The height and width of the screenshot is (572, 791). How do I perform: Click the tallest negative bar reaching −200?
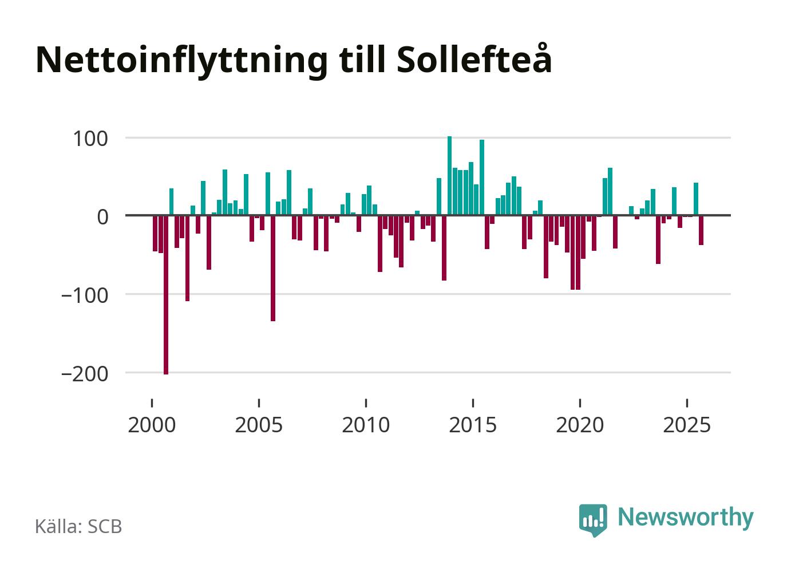point(166,295)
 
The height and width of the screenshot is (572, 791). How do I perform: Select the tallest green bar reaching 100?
point(449,176)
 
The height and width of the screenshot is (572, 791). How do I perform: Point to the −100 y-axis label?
point(85,295)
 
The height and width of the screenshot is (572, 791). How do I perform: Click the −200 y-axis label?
point(85,373)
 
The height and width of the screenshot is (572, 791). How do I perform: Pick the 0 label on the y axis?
point(102,217)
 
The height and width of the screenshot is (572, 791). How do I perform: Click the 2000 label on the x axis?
point(152,425)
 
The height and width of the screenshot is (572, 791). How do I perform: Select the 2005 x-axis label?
point(259,425)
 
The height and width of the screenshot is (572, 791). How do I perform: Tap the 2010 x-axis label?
point(366,425)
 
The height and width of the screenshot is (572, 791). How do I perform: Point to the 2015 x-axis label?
point(473,425)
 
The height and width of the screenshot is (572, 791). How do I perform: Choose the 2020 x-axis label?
point(580,425)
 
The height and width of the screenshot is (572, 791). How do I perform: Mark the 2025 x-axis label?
point(687,425)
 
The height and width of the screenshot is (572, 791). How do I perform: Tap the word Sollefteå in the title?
point(473,59)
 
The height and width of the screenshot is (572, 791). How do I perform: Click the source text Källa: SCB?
point(78,526)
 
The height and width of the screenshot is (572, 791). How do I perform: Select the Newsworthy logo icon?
point(593,519)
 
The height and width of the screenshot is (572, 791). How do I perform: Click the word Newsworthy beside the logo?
point(685,517)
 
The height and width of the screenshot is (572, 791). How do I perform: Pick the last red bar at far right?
point(701,230)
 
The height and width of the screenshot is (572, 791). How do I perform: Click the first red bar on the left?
point(155,234)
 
